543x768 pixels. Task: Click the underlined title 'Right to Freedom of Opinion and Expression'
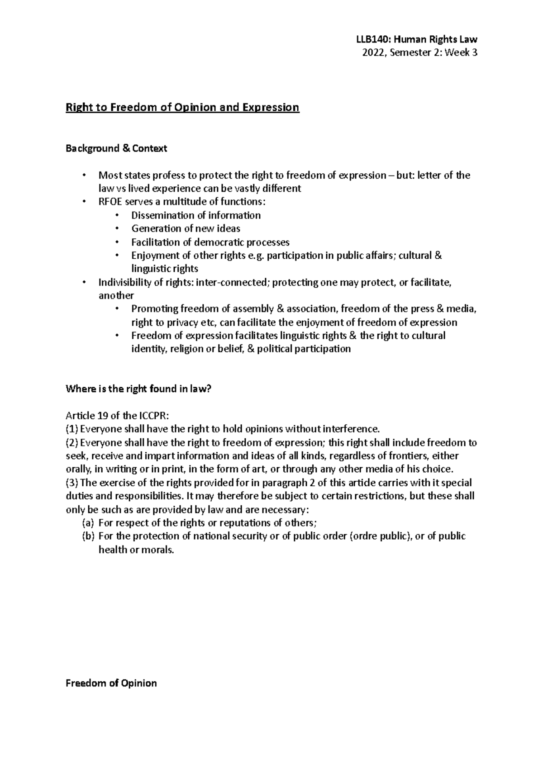[182, 108]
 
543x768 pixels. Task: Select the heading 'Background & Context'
[116, 148]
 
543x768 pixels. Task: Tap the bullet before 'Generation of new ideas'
[117, 228]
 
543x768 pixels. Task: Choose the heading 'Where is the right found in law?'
[138, 389]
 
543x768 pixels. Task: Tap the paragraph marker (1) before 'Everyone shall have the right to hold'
[71, 429]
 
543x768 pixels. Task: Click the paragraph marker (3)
[71, 483]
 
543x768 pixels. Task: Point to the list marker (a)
[87, 523]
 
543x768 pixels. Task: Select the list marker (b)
[87, 536]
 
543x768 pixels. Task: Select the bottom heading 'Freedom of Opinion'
[111, 683]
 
